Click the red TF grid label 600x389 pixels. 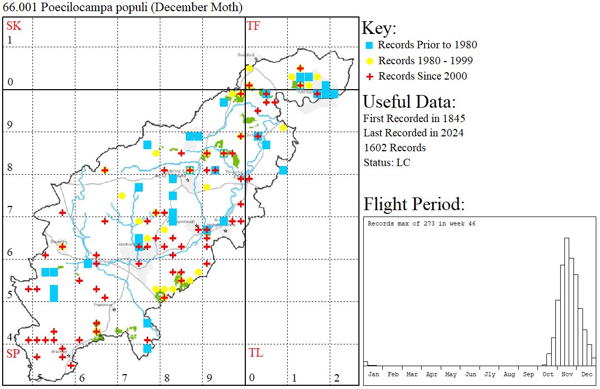point(253,25)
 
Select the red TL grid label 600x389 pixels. point(255,353)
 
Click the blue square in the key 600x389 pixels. point(370,45)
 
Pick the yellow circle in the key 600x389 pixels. point(370,60)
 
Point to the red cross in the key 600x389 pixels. point(370,76)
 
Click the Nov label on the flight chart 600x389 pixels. point(567,374)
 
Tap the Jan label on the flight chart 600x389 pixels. point(373,374)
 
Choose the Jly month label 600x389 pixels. point(490,374)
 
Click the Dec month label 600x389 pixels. point(587,374)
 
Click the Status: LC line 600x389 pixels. point(387,162)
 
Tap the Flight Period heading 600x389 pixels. point(414,204)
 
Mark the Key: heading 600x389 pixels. point(379,28)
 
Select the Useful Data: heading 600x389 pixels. point(409,102)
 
